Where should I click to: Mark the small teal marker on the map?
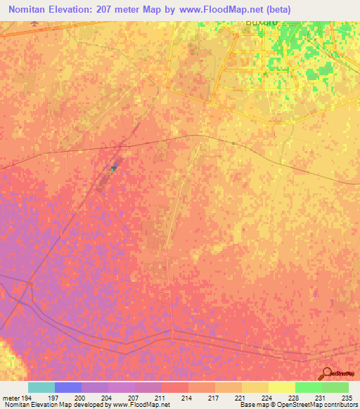pos(113,168)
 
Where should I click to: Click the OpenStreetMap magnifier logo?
pos(326,374)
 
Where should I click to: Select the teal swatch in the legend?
pos(41,387)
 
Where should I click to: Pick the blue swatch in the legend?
pos(68,387)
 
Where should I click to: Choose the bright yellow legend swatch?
pos(282,387)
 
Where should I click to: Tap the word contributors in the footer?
pos(340,405)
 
